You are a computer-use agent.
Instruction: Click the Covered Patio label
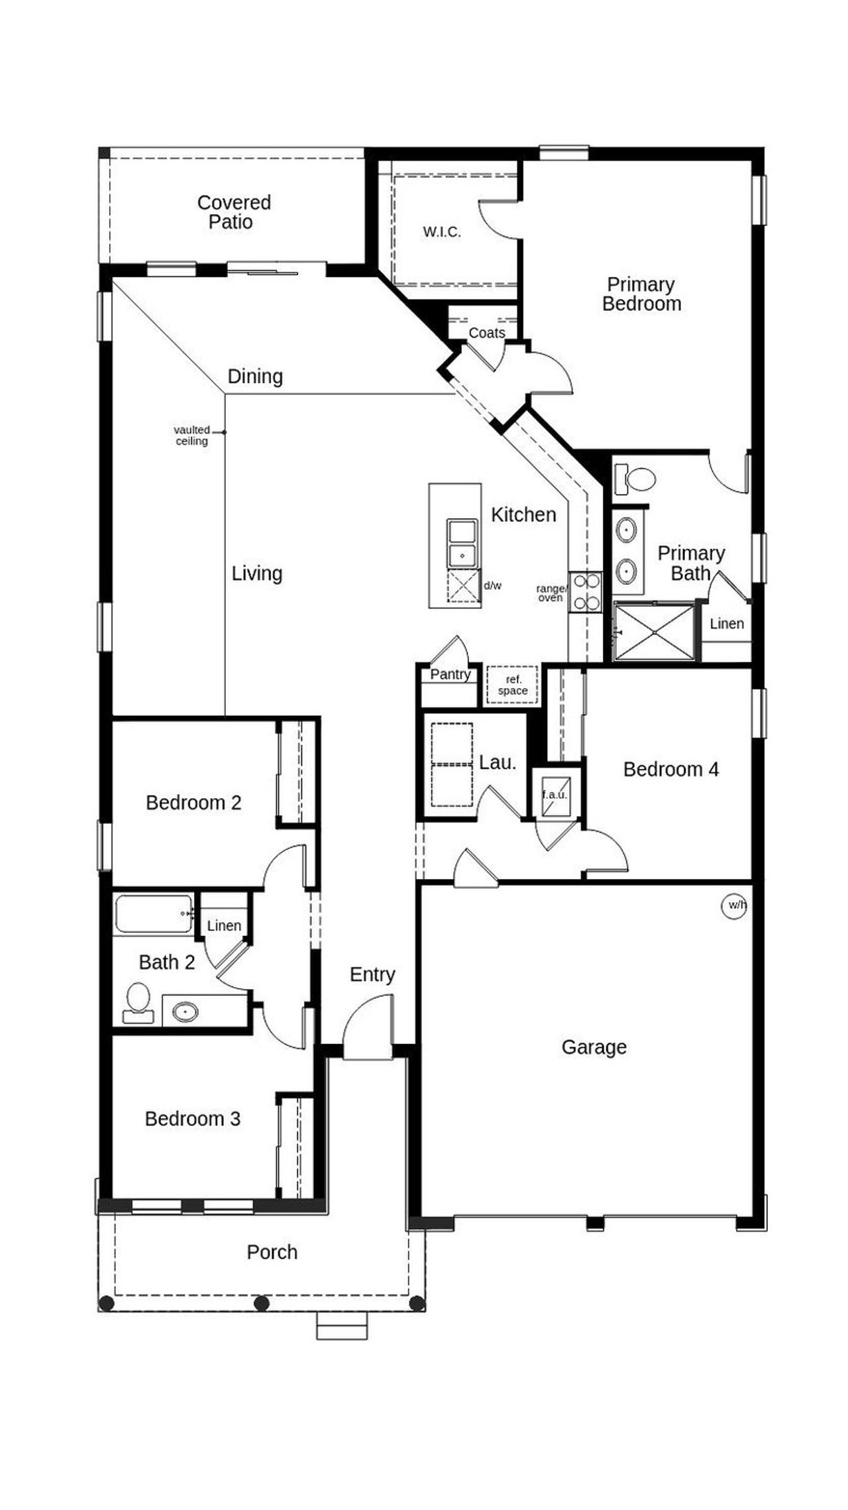tap(234, 212)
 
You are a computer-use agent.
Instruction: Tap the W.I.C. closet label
tap(442, 232)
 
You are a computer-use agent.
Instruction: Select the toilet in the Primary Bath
tap(635, 479)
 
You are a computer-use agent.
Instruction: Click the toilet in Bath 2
tap(138, 1002)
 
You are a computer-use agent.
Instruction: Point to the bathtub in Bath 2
tap(154, 915)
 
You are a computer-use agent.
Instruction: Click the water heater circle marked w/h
tap(734, 906)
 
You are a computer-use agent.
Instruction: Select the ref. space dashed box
tap(513, 685)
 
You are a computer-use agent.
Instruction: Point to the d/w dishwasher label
tap(492, 586)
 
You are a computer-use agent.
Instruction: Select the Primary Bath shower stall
tap(655, 632)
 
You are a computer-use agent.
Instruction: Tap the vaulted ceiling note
tap(192, 436)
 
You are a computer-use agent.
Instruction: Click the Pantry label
tap(450, 674)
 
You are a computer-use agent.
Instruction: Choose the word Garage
tap(594, 1047)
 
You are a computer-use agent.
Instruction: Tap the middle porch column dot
tap(262, 1303)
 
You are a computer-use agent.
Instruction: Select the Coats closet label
tap(487, 333)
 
